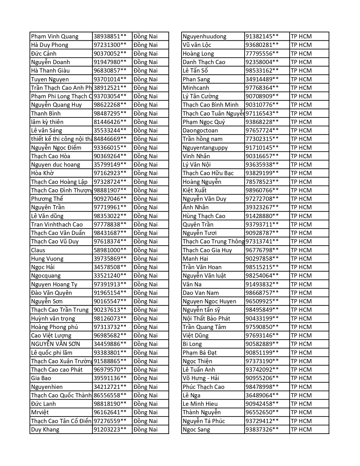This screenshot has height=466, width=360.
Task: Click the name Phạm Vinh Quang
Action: point(55,36)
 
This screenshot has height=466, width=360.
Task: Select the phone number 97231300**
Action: point(110,45)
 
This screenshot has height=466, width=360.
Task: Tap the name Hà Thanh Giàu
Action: point(51,71)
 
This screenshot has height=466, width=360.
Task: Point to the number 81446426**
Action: point(110,122)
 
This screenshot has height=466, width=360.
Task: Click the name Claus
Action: point(38,250)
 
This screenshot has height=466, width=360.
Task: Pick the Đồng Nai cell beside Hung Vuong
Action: point(146,259)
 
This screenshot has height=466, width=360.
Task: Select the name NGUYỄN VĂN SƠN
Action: point(56,344)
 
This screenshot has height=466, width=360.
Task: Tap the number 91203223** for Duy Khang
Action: point(110,430)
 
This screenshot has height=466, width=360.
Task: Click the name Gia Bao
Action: point(41,378)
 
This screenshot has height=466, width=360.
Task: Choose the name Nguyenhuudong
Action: point(204,36)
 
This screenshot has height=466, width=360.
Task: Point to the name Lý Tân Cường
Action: point(200,96)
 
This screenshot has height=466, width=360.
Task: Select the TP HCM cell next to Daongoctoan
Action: point(301,130)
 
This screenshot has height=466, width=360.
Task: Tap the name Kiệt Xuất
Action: point(195,190)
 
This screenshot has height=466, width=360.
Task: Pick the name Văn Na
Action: point(192,284)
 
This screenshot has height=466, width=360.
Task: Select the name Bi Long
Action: point(192,344)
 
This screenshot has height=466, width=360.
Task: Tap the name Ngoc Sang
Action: point(196,430)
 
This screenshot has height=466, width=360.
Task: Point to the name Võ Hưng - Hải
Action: point(201,378)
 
